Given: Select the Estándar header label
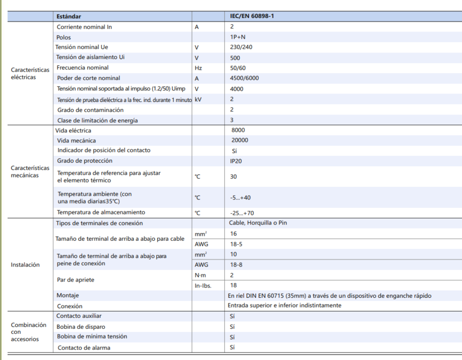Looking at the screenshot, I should [x=69, y=17].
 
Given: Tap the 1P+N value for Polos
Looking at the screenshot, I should [x=238, y=37].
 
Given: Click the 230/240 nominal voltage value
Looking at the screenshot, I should [x=241, y=47].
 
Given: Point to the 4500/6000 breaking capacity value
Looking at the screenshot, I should [x=244, y=78].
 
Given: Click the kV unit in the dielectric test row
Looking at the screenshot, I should [x=198, y=100].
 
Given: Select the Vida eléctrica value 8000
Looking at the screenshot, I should [x=238, y=130].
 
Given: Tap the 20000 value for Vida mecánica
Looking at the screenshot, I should [x=239, y=140].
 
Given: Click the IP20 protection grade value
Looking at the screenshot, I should [x=236, y=161].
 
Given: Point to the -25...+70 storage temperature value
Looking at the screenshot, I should [x=242, y=213].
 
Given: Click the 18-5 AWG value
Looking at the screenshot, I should [x=236, y=244].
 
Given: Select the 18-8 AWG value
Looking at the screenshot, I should [x=236, y=265].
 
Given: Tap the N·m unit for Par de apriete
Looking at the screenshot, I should [x=200, y=275].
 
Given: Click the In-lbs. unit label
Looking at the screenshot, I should [x=203, y=286].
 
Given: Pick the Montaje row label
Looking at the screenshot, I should [x=68, y=296].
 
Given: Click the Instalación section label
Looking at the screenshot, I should [x=25, y=265].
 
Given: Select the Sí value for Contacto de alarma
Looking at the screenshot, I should [x=232, y=347].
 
